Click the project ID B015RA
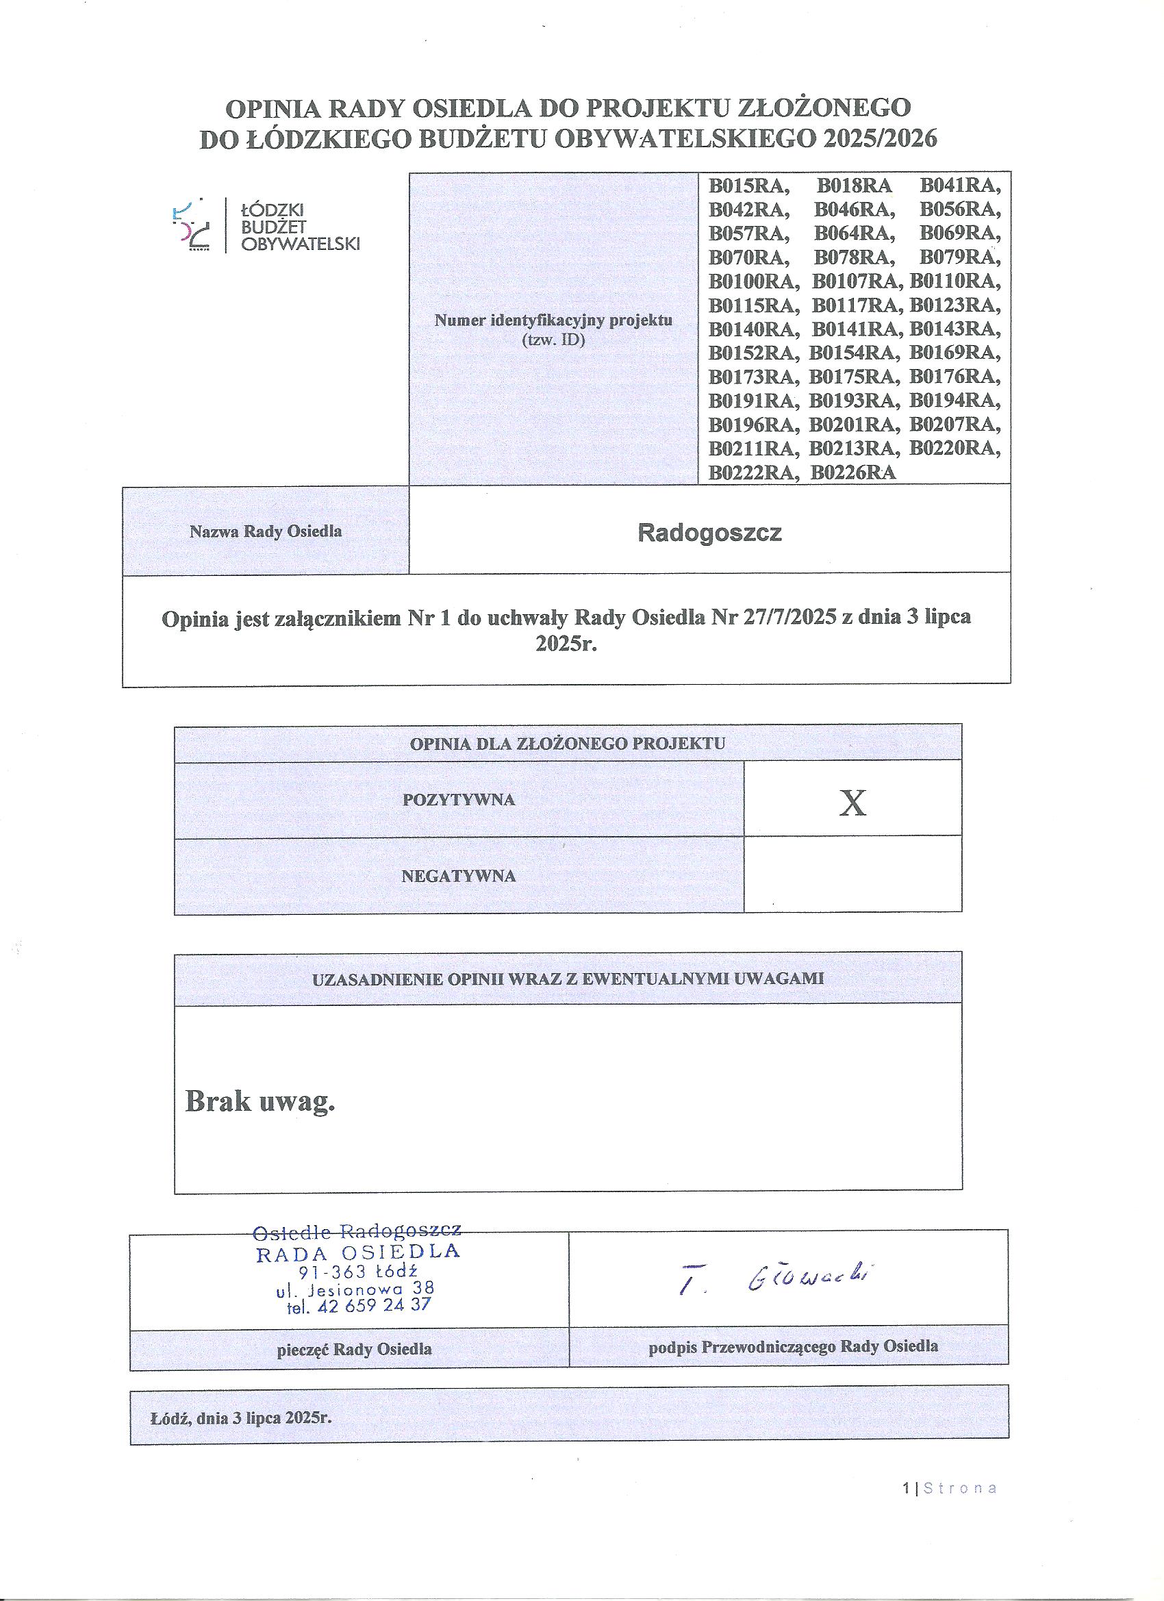click(x=748, y=186)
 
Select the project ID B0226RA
click(x=852, y=472)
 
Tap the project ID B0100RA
click(x=753, y=281)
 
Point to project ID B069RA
click(x=960, y=234)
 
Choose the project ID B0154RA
click(x=853, y=353)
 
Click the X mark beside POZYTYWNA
click(x=852, y=803)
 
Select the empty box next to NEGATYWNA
click(x=852, y=874)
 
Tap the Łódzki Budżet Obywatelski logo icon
click(x=192, y=225)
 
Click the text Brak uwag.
click(x=260, y=1102)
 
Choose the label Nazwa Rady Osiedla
click(x=266, y=531)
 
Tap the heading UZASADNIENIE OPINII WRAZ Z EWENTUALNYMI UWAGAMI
click(x=568, y=979)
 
